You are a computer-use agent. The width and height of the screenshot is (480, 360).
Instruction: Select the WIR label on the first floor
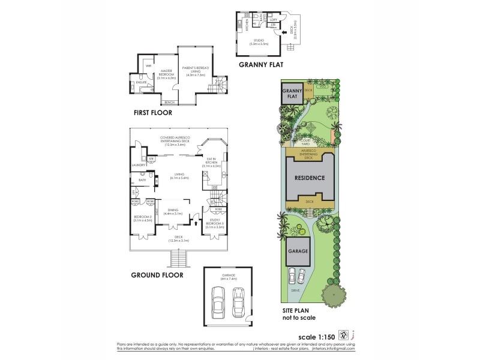point(148,65)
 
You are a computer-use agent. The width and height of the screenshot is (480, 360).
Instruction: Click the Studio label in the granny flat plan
point(259,41)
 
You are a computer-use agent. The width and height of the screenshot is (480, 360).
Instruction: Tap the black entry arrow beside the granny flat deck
point(284,32)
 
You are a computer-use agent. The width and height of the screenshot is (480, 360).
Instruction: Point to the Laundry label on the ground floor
point(139,165)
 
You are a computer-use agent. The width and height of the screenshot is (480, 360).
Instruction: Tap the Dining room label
point(173,211)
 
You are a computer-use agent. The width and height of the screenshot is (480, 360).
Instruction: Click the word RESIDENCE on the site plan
point(309,178)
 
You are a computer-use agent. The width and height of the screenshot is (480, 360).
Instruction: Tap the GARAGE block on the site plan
point(298,251)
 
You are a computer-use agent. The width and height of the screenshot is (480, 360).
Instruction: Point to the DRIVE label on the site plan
point(296,290)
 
